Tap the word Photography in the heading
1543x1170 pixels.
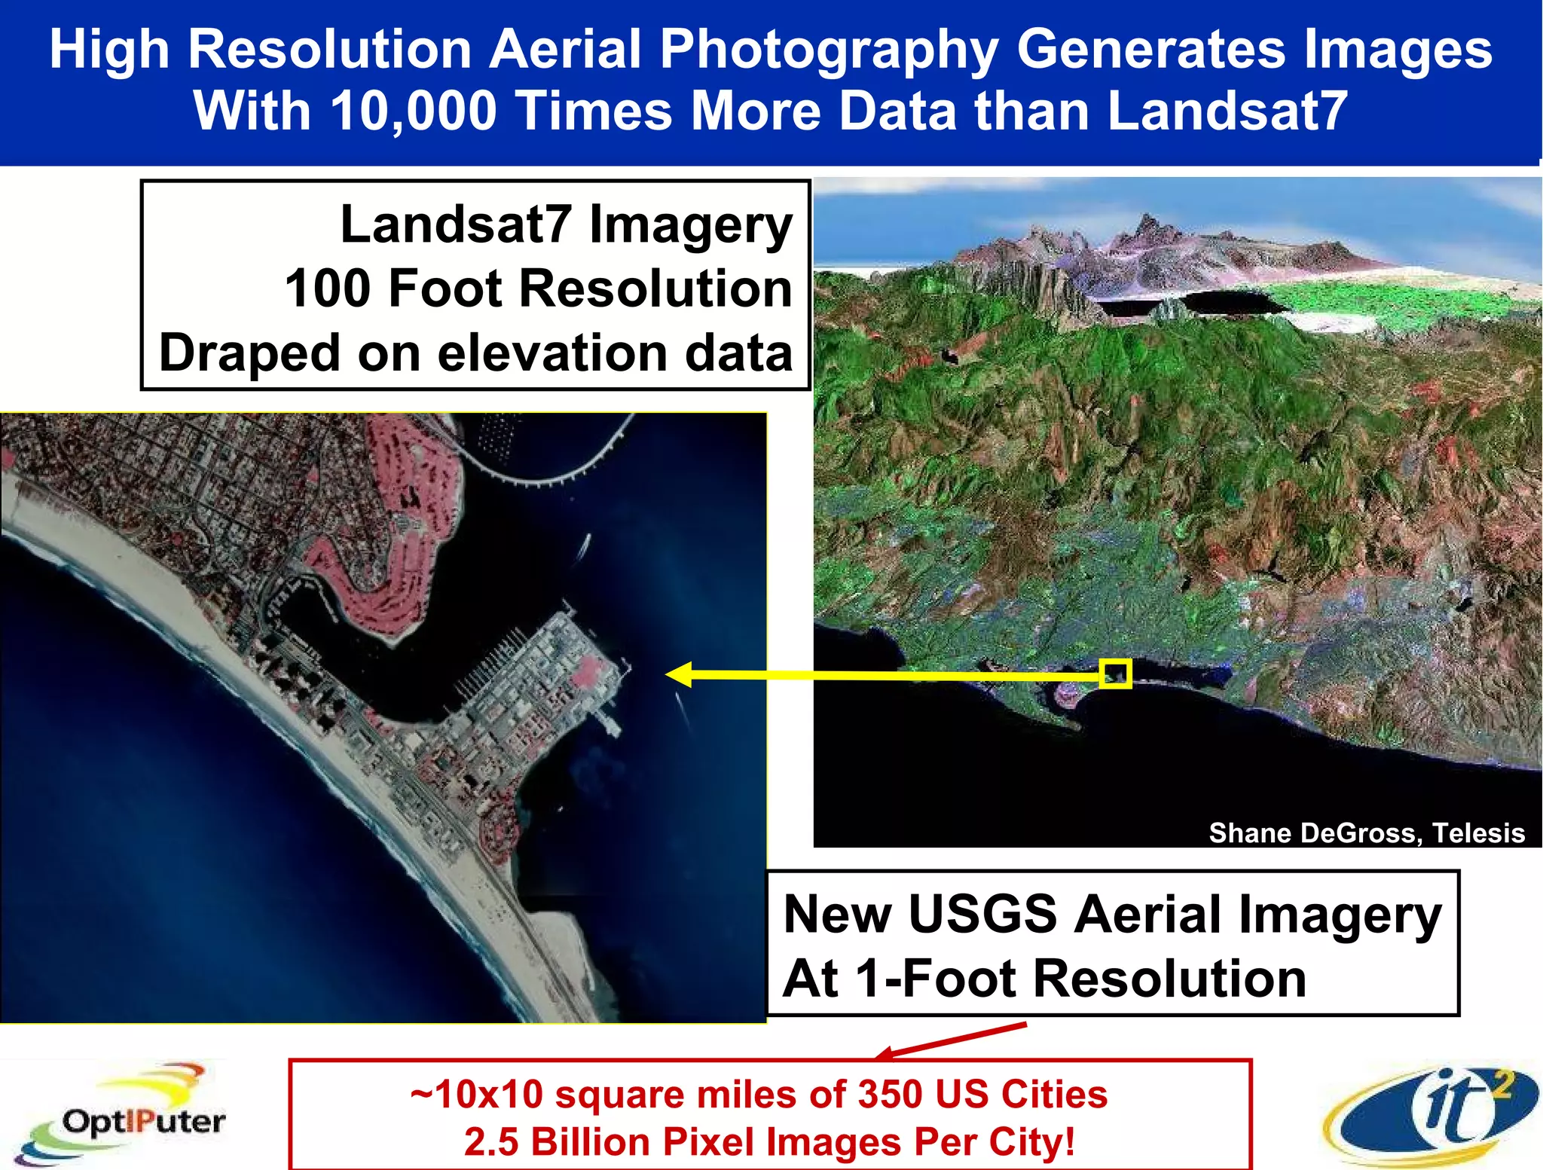pos(829,50)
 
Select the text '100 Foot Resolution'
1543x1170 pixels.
pos(538,289)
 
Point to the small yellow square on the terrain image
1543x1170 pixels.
pos(1115,673)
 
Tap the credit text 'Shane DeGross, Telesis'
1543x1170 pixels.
pos(1366,832)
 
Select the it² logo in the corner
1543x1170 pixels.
pos(1431,1113)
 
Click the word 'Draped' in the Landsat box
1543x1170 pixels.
pos(249,353)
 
